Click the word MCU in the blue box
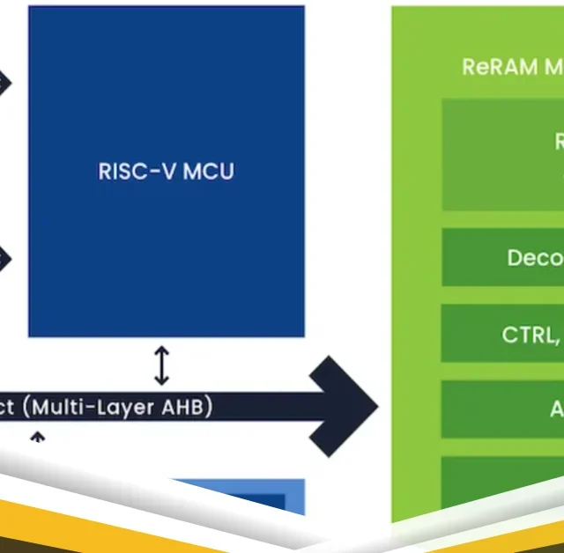pyautogui.click(x=210, y=171)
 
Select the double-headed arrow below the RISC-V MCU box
pyautogui.click(x=161, y=365)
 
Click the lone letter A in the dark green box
pyautogui.click(x=557, y=409)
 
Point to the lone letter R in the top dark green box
pyautogui.click(x=559, y=141)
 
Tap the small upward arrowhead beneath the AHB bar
pyautogui.click(x=37, y=436)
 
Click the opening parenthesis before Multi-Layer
pyautogui.click(x=27, y=408)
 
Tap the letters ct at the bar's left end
pyautogui.click(x=9, y=408)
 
